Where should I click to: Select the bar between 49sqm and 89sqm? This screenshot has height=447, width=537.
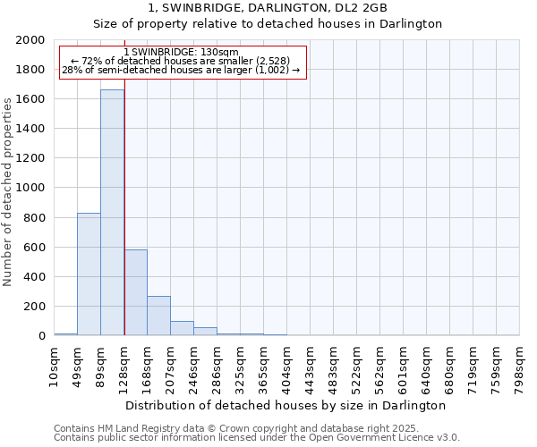(89, 274)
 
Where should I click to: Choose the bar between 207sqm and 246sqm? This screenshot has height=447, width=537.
(182, 328)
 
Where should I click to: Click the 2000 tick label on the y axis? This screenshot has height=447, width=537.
(30, 40)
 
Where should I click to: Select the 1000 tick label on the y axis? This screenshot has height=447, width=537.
(30, 188)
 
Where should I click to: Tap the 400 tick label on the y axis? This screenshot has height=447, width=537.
(35, 277)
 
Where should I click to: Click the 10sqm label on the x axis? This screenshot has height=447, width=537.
(55, 363)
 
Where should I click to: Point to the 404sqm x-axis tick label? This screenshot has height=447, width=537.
(287, 365)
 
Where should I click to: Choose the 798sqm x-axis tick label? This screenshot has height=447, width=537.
(520, 365)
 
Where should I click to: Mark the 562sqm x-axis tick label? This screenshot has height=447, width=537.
(380, 365)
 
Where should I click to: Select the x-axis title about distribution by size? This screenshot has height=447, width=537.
(286, 405)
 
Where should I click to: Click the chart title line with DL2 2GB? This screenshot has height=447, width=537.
(268, 7)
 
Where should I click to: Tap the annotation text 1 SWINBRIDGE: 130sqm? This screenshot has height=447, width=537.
(181, 53)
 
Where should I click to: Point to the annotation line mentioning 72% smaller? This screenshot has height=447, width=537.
(182, 61)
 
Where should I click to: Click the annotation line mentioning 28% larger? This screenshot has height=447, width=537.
(181, 70)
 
